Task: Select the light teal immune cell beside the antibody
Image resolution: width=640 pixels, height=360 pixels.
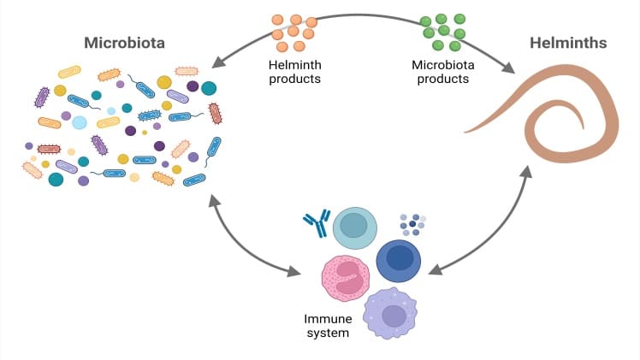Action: [x=355, y=226]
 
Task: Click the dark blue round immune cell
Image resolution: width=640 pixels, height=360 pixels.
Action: [x=399, y=257]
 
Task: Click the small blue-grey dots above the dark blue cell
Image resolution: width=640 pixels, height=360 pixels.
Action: [x=411, y=224]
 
